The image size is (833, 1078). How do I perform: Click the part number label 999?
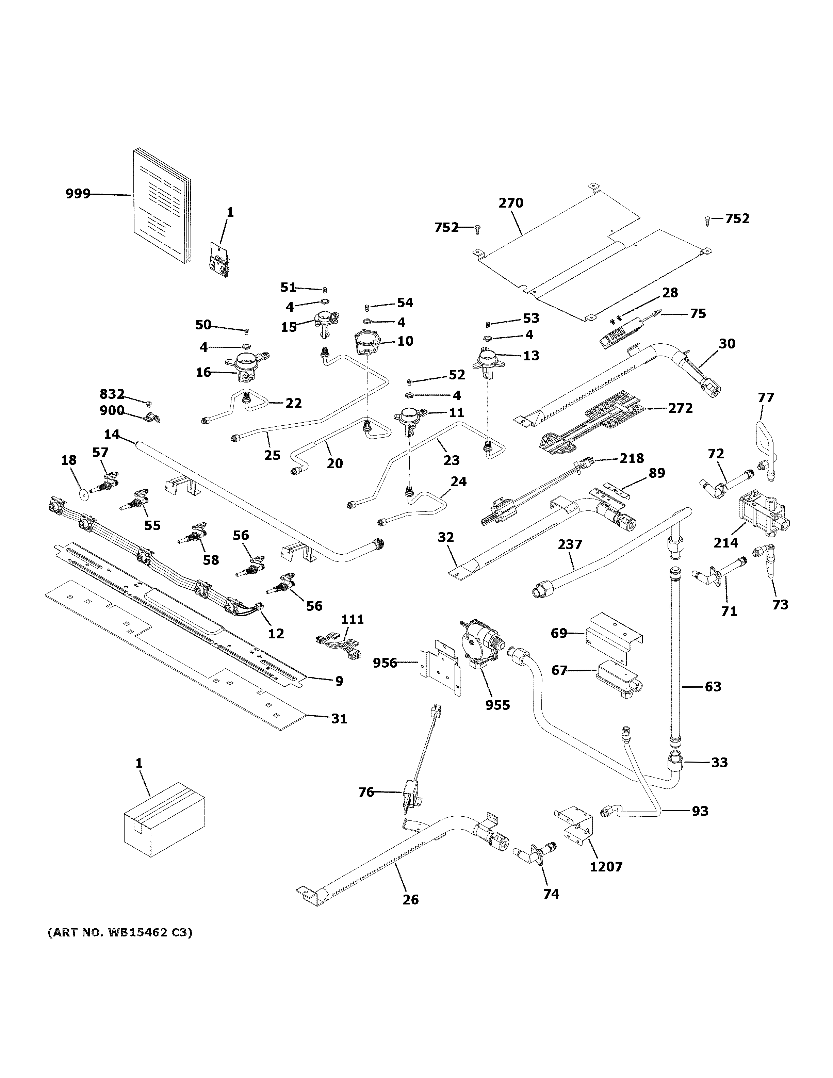[x=78, y=194]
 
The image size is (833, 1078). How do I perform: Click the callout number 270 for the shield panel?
[x=511, y=203]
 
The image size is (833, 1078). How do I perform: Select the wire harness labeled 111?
[x=339, y=647]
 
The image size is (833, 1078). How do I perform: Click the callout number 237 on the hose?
[x=570, y=544]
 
